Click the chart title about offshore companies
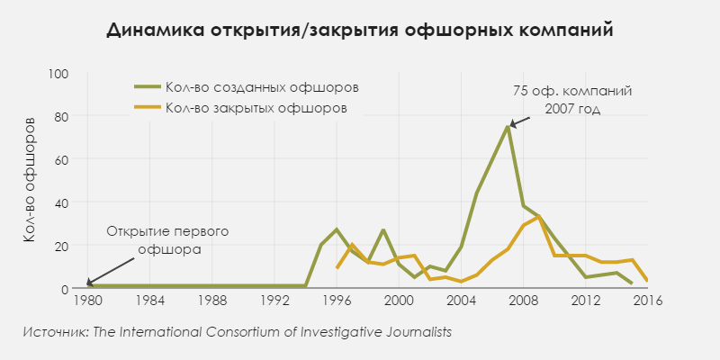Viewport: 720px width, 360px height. tap(360, 30)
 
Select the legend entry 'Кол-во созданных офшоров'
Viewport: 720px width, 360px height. tap(262, 87)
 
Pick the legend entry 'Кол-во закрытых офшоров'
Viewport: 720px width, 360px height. tap(256, 108)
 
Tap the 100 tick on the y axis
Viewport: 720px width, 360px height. tap(58, 73)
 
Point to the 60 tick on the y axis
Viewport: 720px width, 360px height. tap(61, 159)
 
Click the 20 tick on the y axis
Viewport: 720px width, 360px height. tap(61, 246)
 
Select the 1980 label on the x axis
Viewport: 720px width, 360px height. tap(88, 301)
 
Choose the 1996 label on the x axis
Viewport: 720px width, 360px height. tap(337, 301)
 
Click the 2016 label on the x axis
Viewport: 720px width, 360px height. tap(647, 301)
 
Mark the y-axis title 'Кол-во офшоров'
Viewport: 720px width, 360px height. tap(30, 180)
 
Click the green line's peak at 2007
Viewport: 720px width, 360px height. tap(508, 127)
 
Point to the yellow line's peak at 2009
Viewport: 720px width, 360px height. tap(538, 217)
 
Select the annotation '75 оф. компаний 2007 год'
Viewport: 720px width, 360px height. tap(571, 100)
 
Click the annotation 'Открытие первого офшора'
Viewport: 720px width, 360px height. tap(168, 240)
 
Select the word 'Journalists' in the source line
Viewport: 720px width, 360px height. tap(416, 332)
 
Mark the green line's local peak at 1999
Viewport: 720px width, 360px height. tap(383, 230)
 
